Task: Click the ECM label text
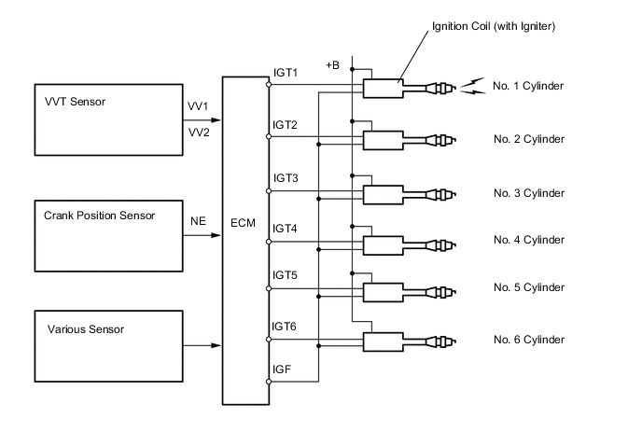pyautogui.click(x=245, y=224)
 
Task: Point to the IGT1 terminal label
pyautogui.click(x=285, y=74)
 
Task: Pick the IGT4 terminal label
pyautogui.click(x=285, y=228)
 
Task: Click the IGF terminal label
pyautogui.click(x=281, y=370)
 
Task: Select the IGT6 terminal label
pyautogui.click(x=285, y=326)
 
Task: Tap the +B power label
pyautogui.click(x=333, y=65)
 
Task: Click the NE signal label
pyautogui.click(x=198, y=222)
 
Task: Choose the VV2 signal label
pyautogui.click(x=200, y=132)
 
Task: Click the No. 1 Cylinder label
pyautogui.click(x=529, y=87)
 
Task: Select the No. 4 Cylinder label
pyautogui.click(x=529, y=240)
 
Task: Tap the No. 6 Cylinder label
pyautogui.click(x=529, y=339)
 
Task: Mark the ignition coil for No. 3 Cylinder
pyautogui.click(x=384, y=195)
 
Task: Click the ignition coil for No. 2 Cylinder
pyautogui.click(x=384, y=141)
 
